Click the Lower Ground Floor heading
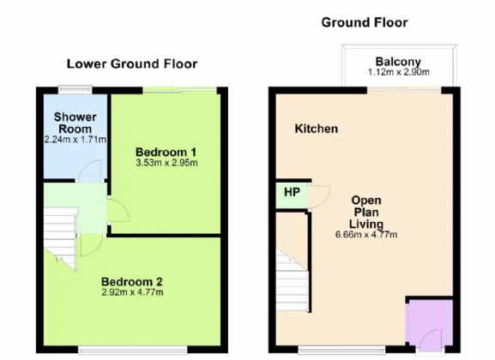132,64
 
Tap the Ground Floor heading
365,23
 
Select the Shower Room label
75,123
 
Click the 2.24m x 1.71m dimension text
75,140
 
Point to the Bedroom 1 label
166,152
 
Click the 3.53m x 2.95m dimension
166,163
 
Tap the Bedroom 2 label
132,281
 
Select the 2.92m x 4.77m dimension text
132,292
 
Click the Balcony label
398,62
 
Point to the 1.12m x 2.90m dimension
399,72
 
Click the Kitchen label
317,129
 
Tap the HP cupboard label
292,192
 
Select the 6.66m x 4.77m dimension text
366,235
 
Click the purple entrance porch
429,322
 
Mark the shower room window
75,90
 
